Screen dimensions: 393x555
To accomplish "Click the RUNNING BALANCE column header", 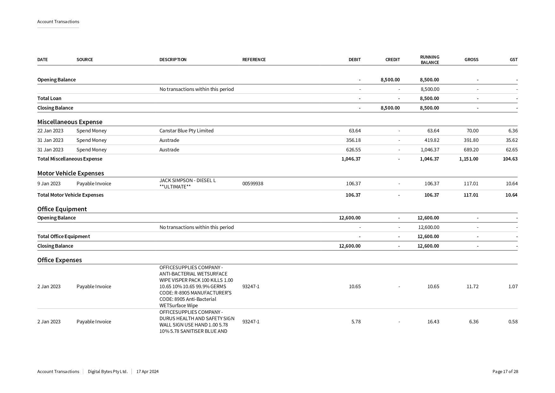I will [429, 60].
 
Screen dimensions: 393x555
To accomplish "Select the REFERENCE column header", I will [254, 60].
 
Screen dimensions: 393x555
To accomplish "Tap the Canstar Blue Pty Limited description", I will [186, 130].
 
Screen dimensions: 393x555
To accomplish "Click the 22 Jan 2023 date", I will [50, 130].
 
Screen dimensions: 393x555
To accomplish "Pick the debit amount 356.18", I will [353, 140].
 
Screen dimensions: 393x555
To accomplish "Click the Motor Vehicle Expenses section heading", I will [71, 173].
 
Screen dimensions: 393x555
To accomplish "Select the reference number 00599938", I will [253, 183].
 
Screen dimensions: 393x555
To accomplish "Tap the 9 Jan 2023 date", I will [49, 183].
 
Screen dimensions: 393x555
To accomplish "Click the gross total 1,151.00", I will [469, 159].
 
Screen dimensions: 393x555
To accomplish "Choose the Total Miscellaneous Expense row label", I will [70, 159].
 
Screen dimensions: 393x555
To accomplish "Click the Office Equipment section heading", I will [62, 209].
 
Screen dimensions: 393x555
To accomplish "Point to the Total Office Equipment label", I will [64, 236].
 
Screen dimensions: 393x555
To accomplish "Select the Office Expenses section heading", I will [59, 260].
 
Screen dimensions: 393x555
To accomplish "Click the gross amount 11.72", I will [472, 286].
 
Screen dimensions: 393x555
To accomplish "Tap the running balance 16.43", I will [433, 321].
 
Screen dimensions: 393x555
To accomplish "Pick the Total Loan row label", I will [49, 98].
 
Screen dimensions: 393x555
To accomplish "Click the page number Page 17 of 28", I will [505, 371].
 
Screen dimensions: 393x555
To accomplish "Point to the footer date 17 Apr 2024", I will [147, 371].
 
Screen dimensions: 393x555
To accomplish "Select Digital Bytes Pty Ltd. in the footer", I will [108, 371].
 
